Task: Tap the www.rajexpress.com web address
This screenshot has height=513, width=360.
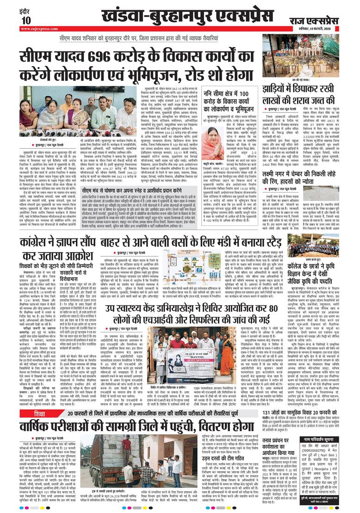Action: click(x=39, y=29)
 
